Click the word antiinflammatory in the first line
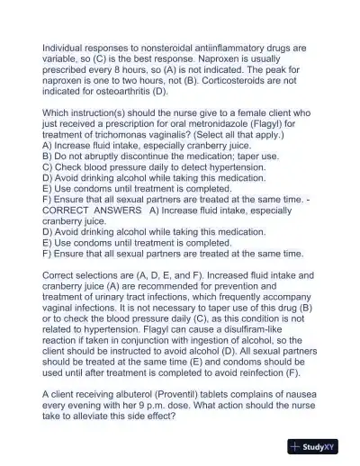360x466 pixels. [x=236, y=46]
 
